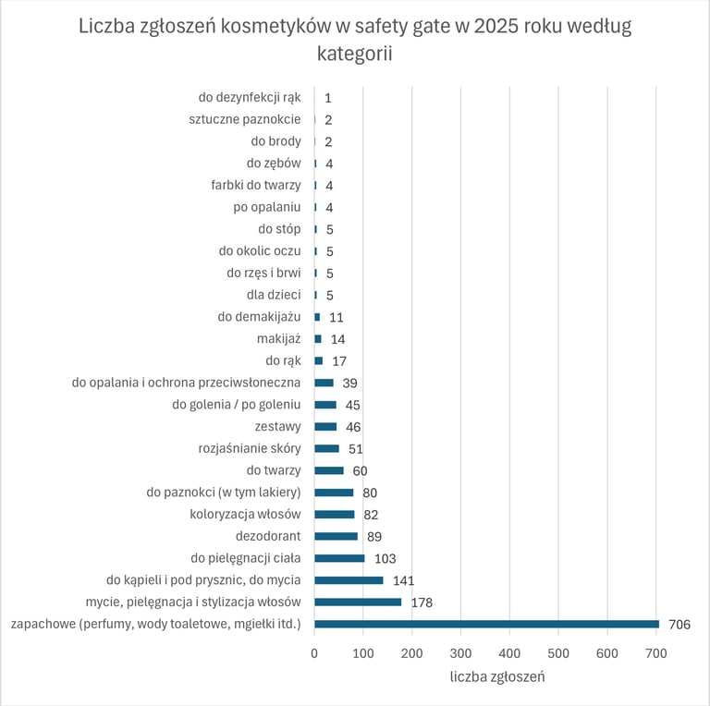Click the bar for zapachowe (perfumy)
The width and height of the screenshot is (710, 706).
pos(486,624)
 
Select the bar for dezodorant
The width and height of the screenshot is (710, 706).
pos(336,536)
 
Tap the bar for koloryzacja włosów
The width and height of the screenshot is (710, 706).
pos(334,515)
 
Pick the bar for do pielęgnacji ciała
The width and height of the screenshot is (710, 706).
pos(339,558)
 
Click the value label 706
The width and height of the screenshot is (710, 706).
pos(679,625)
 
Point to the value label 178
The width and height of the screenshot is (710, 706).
pos(422,603)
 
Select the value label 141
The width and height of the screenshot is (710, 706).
pos(403,580)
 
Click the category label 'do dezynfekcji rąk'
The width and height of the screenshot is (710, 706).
pos(250,97)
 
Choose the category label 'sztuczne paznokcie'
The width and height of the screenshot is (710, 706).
pos(244,119)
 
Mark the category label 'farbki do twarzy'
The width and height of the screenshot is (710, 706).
pos(255,185)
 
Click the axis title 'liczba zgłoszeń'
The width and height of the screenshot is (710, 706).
pos(497,676)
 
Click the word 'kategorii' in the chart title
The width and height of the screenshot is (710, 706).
pos(354,55)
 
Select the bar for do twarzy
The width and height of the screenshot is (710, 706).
pos(329,470)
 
